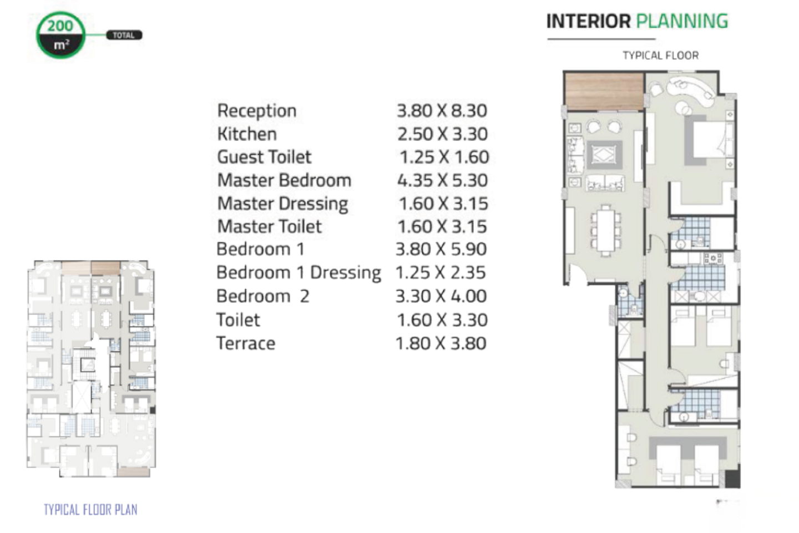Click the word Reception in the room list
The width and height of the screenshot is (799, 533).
click(257, 111)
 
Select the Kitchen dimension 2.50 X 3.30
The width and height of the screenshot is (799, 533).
click(442, 134)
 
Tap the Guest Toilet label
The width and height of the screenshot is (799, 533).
click(264, 157)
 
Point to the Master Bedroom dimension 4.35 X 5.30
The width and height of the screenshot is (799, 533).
click(442, 180)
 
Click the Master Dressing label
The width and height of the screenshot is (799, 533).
click(282, 204)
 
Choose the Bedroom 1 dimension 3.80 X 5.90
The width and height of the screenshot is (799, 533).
click(441, 249)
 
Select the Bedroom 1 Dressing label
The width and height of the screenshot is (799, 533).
click(299, 273)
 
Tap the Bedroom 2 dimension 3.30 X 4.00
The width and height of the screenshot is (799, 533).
click(441, 296)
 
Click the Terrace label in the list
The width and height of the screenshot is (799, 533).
click(246, 343)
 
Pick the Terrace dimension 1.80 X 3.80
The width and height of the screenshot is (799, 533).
click(441, 343)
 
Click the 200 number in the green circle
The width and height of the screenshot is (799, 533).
click(60, 26)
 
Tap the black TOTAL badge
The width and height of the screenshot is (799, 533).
click(124, 35)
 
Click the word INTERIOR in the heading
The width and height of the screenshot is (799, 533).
click(589, 22)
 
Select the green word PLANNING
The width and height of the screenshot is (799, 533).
click(682, 22)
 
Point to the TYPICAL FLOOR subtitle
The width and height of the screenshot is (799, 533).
click(661, 55)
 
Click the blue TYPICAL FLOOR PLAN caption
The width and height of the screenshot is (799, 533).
click(90, 510)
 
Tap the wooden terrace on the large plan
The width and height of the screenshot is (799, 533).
click(604, 92)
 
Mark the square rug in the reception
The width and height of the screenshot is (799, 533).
click(605, 155)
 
